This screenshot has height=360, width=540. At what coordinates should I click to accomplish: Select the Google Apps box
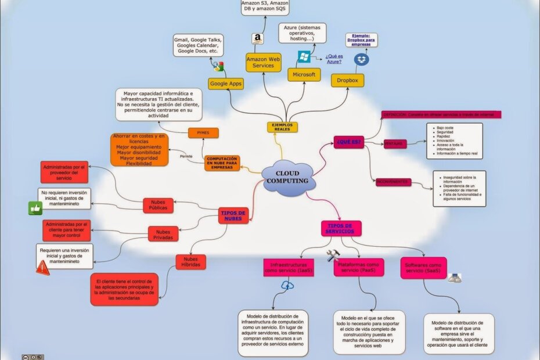pyautogui.click(x=226, y=84)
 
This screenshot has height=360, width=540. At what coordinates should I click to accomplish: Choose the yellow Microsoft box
pyautogui.click(x=304, y=75)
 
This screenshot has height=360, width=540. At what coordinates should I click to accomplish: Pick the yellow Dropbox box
pyautogui.click(x=347, y=80)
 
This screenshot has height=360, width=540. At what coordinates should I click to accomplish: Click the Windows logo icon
pyautogui.click(x=304, y=57)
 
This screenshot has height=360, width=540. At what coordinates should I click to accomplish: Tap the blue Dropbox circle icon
pyautogui.click(x=362, y=59)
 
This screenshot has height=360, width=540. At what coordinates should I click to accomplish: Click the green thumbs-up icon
pyautogui.click(x=35, y=208)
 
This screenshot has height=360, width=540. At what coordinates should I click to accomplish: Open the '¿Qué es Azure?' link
pyautogui.click(x=333, y=59)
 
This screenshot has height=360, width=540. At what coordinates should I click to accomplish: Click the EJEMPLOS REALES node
pyautogui.click(x=282, y=127)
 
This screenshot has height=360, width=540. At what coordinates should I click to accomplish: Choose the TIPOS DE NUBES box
pyautogui.click(x=233, y=216)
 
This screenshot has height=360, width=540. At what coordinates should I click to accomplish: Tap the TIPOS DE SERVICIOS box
pyautogui.click(x=340, y=228)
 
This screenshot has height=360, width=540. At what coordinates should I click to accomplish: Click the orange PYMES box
pyautogui.click(x=203, y=133)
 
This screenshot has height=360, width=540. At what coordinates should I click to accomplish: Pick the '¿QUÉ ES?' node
pyautogui.click(x=348, y=142)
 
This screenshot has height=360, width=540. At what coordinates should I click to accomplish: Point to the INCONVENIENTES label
pyautogui.click(x=393, y=182)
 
